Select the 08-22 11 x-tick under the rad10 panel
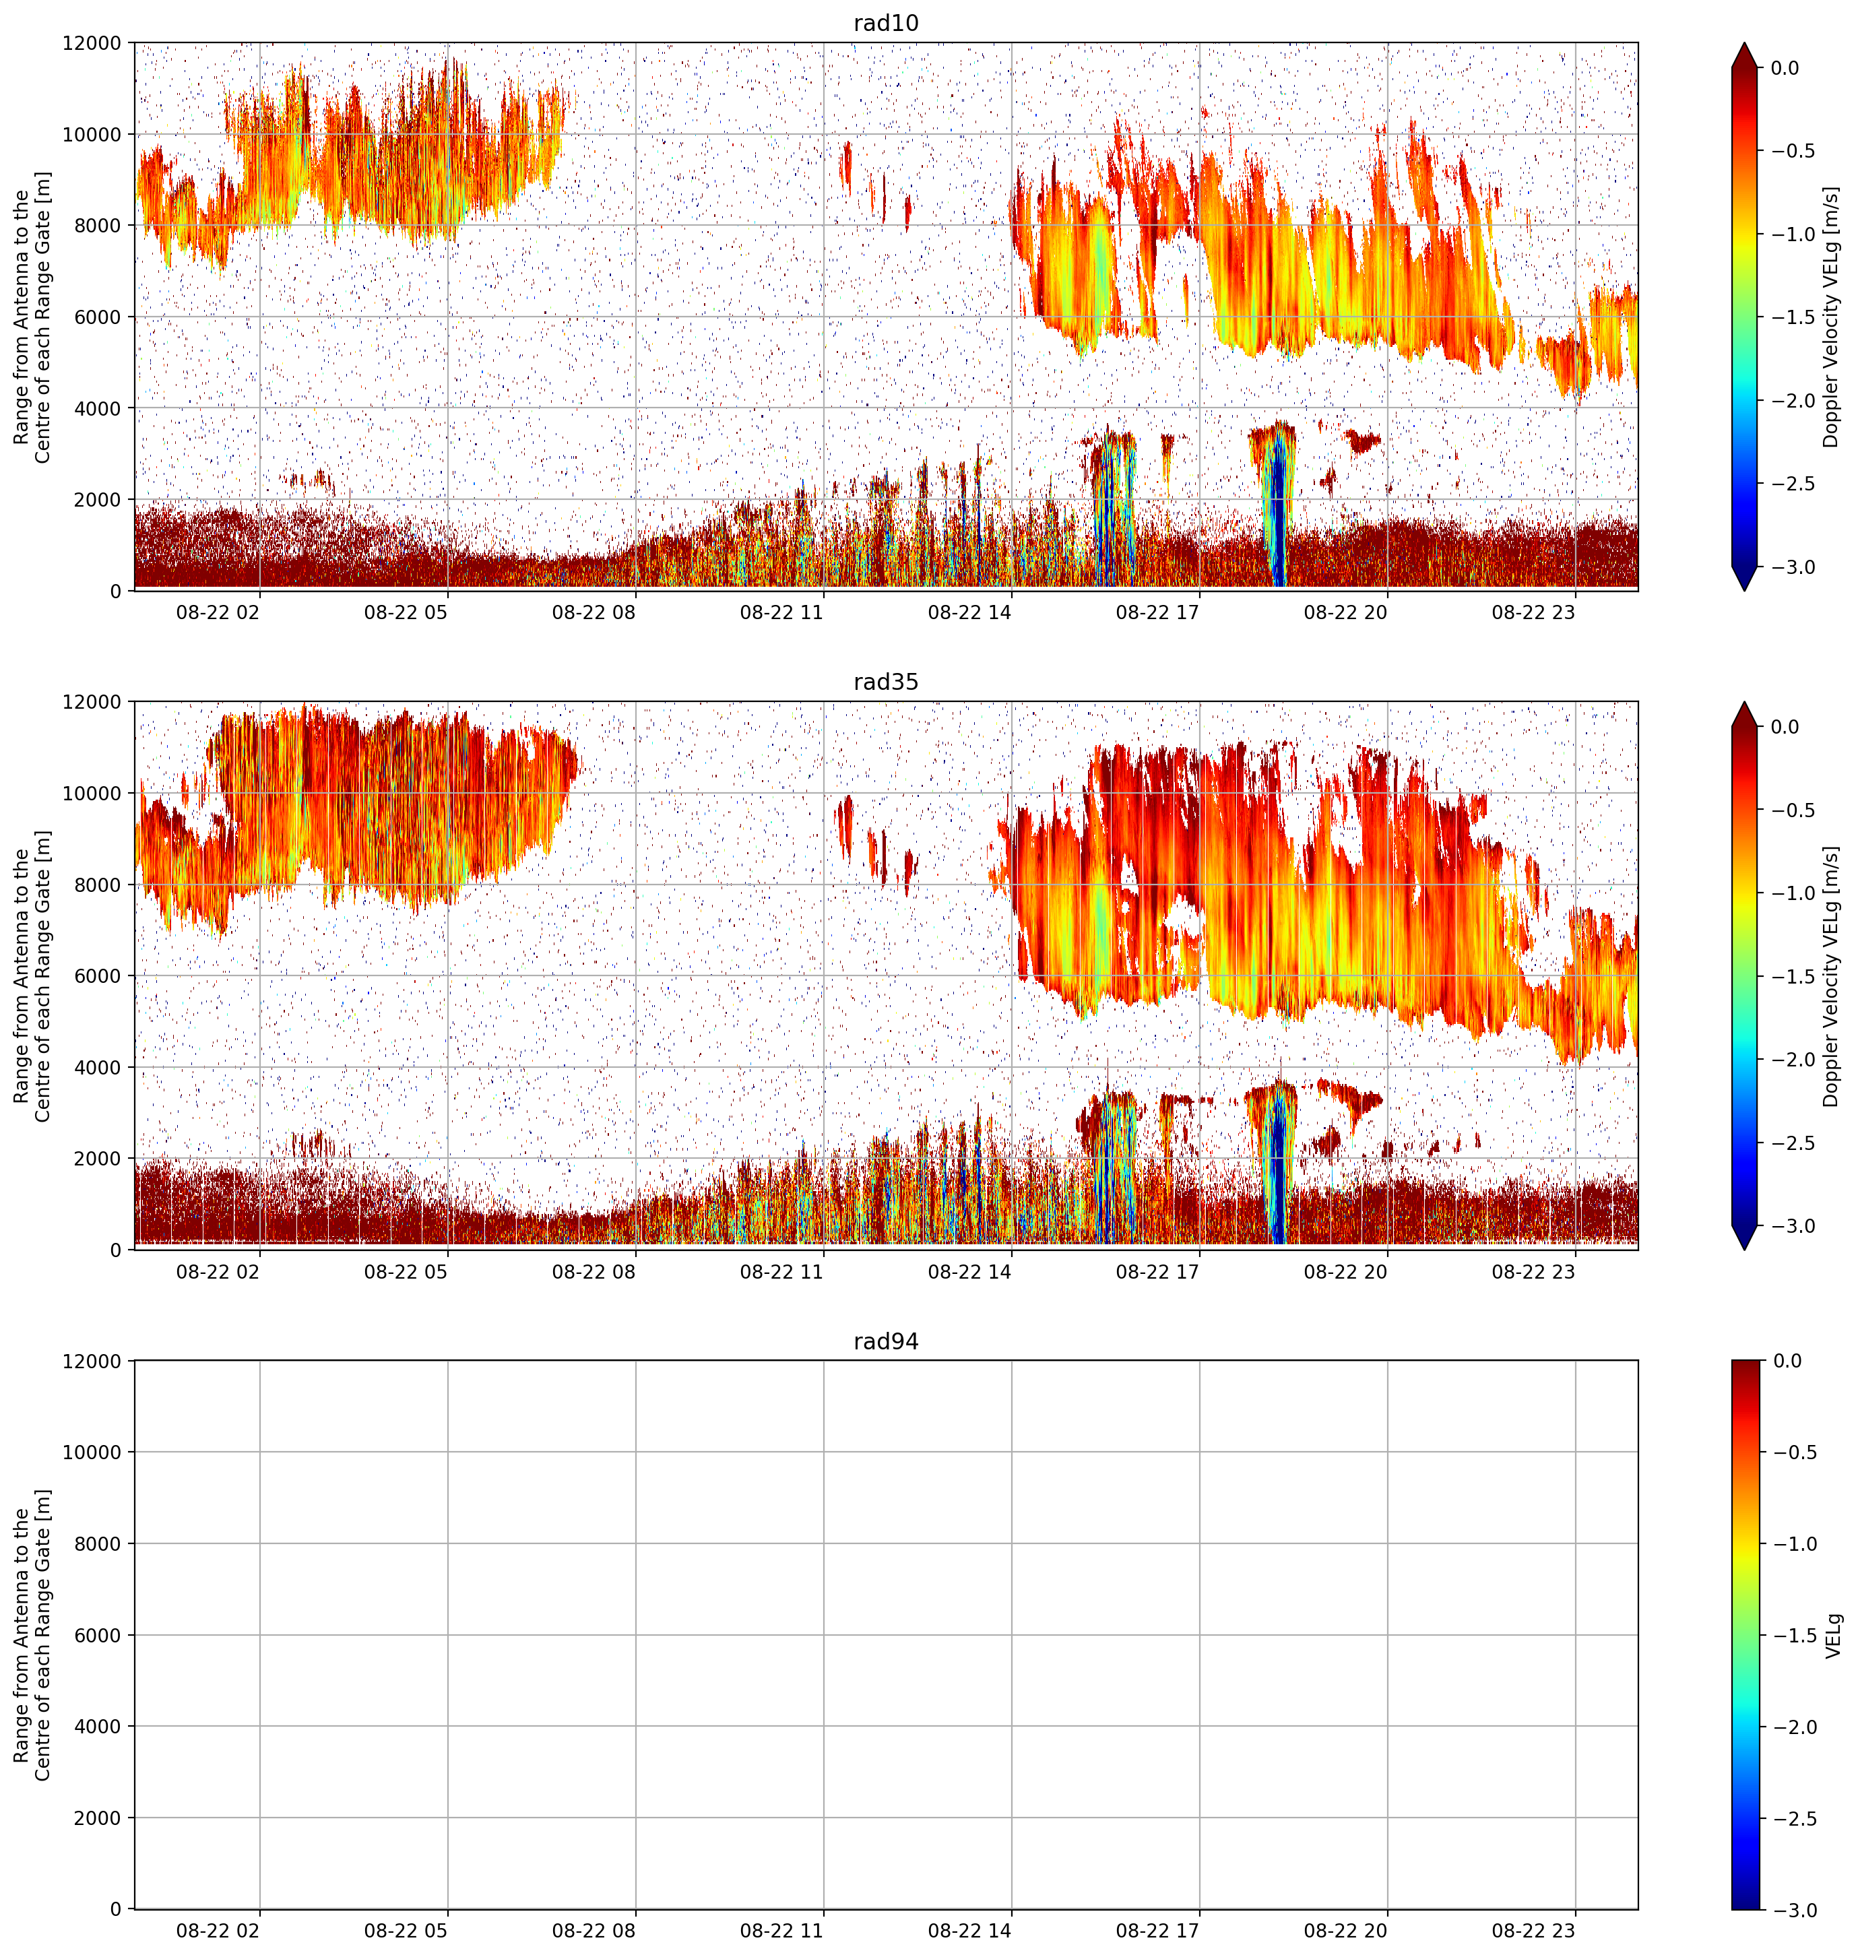point(781,612)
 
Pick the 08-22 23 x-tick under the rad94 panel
point(1533,1930)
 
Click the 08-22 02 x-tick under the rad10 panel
point(218,612)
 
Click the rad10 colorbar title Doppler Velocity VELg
point(1830,317)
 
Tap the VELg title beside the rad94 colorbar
point(1832,1635)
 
